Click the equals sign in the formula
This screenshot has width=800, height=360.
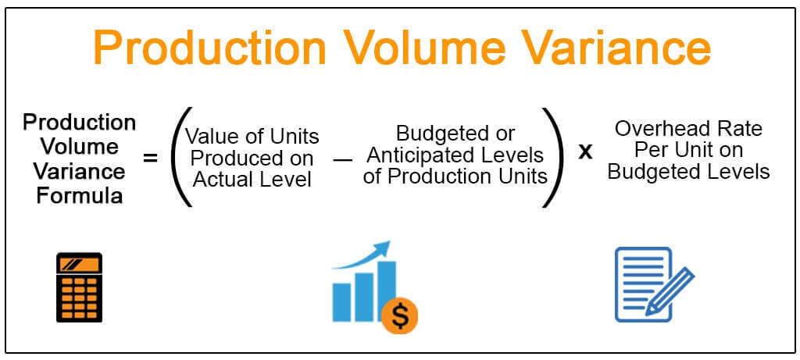pyautogui.click(x=150, y=159)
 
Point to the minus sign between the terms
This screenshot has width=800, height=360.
pyautogui.click(x=341, y=159)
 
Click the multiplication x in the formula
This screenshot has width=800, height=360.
pyautogui.click(x=584, y=151)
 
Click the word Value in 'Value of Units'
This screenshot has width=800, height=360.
pyautogui.click(x=209, y=137)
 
